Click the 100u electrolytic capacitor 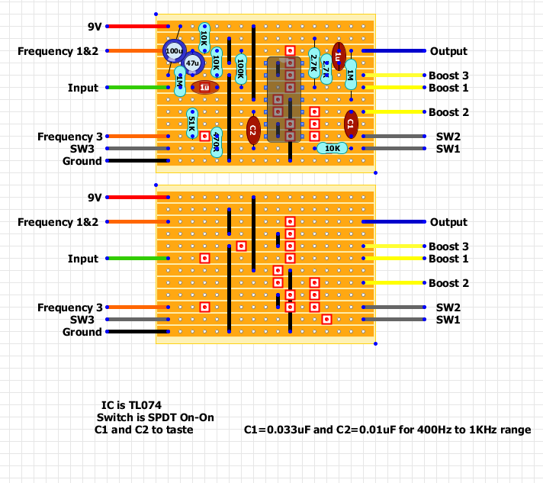[174, 51]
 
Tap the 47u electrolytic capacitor [192, 63]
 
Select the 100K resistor [241, 69]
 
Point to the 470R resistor [217, 141]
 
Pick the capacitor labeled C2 [252, 130]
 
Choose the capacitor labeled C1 [351, 123]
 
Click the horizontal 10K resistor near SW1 [333, 148]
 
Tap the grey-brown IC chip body [284, 99]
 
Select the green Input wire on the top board [137, 88]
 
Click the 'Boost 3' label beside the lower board [448, 246]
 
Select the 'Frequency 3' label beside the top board [70, 137]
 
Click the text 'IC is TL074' [131, 405]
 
